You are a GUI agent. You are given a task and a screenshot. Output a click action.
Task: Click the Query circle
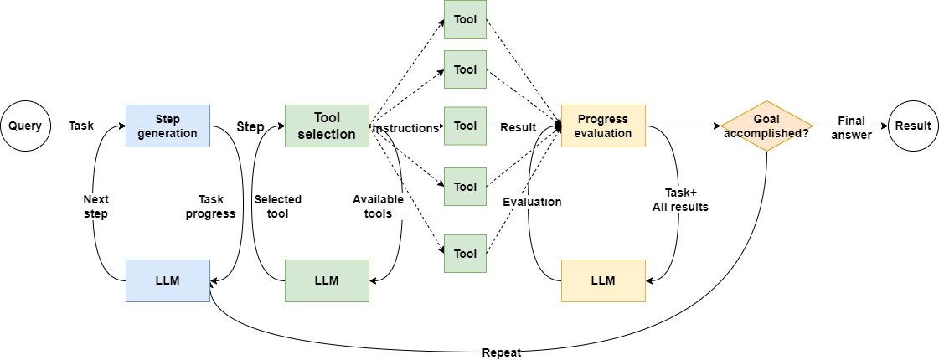pyautogui.click(x=25, y=126)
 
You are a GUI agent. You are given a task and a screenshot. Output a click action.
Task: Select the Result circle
pyautogui.click(x=913, y=126)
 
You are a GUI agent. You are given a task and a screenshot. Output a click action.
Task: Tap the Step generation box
pyautogui.click(x=168, y=126)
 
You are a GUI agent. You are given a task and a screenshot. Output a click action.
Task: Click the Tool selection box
pyautogui.click(x=327, y=126)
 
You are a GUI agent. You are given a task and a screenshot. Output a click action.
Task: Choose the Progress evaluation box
pyautogui.click(x=603, y=126)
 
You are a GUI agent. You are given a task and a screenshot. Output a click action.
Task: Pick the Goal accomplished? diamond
pyautogui.click(x=766, y=126)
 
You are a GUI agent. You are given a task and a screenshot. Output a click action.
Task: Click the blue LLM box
pyautogui.click(x=168, y=280)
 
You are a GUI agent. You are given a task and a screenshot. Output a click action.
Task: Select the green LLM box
pyautogui.click(x=327, y=280)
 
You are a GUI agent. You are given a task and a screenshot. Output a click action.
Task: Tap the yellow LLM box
pyautogui.click(x=603, y=280)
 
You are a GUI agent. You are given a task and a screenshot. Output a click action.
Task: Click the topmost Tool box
pyautogui.click(x=465, y=18)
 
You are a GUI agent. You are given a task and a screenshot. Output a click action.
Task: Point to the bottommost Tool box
pyautogui.click(x=465, y=254)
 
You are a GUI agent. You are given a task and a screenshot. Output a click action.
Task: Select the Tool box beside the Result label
pyautogui.click(x=465, y=126)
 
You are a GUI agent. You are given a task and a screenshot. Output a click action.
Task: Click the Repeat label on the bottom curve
pyautogui.click(x=502, y=352)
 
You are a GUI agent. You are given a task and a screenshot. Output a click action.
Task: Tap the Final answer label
pyautogui.click(x=851, y=126)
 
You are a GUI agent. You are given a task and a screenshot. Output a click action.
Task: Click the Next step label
pyautogui.click(x=95, y=207)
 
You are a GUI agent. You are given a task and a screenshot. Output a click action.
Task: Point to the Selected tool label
pyautogui.click(x=278, y=207)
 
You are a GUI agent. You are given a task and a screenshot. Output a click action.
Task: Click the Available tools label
pyautogui.click(x=378, y=207)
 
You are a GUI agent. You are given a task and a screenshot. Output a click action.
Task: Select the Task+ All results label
pyautogui.click(x=680, y=199)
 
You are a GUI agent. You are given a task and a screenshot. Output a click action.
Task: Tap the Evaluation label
pyautogui.click(x=532, y=202)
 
